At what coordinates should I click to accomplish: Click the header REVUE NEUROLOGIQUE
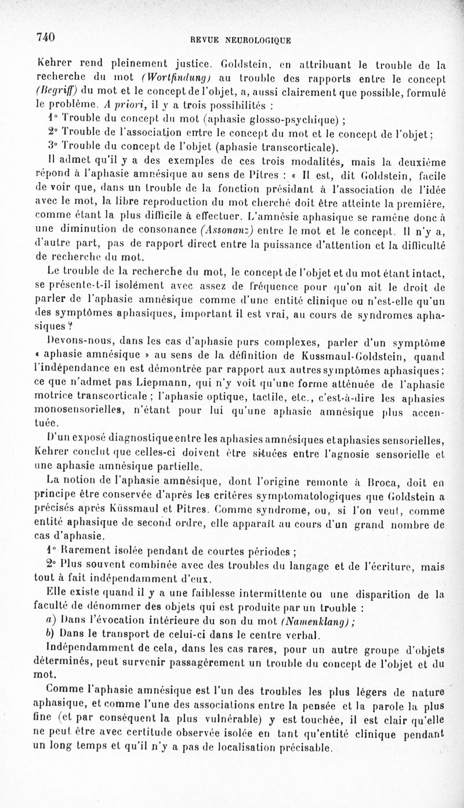tap(241, 40)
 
